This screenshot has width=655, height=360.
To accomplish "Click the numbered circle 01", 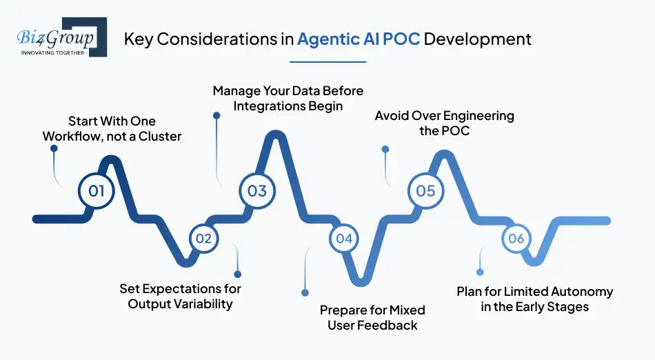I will click(x=97, y=190).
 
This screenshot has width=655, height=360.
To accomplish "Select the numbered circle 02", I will click(x=203, y=239).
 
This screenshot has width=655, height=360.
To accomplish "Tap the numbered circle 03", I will click(x=257, y=190).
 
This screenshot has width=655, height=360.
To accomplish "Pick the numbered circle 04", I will click(x=344, y=239).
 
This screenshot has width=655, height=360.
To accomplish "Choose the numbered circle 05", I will click(x=426, y=190).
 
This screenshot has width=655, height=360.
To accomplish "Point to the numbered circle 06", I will click(x=516, y=239).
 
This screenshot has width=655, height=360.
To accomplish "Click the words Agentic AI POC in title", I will click(x=359, y=39).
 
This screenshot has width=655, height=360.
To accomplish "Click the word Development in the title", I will click(x=477, y=39).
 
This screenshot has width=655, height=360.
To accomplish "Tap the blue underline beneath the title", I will click(x=327, y=62).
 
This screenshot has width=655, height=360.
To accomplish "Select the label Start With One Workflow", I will click(x=112, y=129).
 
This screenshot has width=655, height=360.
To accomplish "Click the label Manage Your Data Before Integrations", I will click(x=288, y=99).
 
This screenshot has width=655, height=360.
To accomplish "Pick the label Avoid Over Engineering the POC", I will click(x=445, y=123).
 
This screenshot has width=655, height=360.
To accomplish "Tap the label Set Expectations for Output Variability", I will click(x=181, y=296).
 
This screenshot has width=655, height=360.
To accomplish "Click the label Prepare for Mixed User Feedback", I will click(x=372, y=317).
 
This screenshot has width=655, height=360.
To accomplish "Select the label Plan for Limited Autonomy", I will click(x=535, y=299).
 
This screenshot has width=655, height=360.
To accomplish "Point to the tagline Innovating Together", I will click(x=53, y=52).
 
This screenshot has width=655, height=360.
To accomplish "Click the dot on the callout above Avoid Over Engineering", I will click(x=385, y=149).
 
